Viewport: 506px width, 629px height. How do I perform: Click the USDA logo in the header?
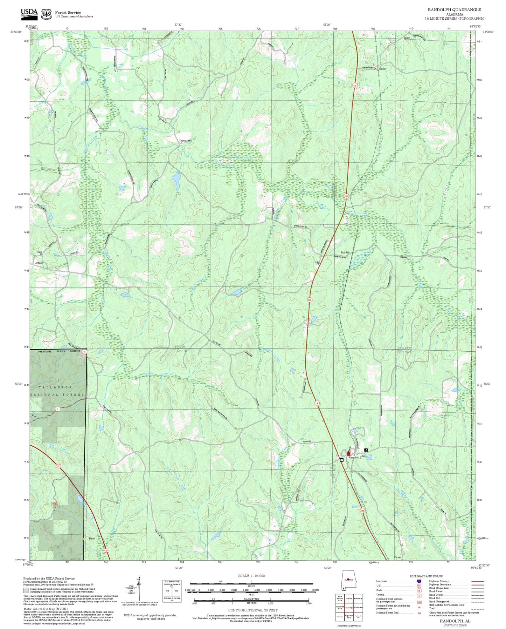click(29, 13)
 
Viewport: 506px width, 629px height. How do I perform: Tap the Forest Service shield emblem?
click(46, 14)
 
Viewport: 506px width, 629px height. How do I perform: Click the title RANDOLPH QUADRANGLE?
click(454, 9)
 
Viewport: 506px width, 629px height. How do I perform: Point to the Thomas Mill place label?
click(185, 141)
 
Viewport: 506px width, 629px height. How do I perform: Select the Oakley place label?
click(383, 69)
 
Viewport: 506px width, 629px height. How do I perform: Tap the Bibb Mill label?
click(345, 252)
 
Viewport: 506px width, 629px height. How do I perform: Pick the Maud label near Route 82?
click(92, 538)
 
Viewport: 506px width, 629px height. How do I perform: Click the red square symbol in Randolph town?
click(348, 454)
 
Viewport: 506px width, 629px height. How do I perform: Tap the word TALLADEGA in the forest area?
click(55, 387)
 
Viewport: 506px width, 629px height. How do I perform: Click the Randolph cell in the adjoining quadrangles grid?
click(348, 608)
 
